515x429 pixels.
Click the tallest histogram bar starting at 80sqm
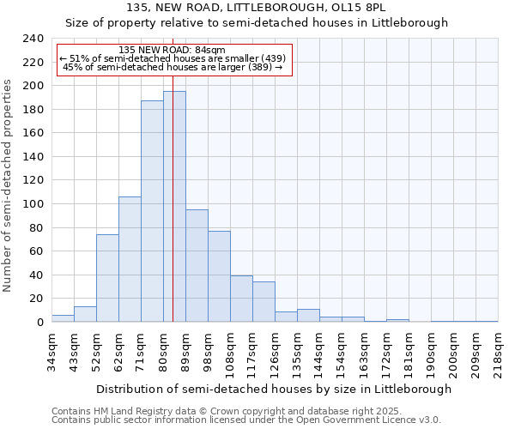(174, 206)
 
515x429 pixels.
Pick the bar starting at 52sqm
(107, 278)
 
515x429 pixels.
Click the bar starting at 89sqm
(197, 266)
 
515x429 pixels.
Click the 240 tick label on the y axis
(33, 39)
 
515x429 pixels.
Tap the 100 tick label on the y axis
(33, 204)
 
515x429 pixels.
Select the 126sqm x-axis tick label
(276, 352)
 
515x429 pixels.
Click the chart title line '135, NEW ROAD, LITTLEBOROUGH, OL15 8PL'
(257, 8)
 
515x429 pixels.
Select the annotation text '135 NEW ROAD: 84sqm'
(172, 51)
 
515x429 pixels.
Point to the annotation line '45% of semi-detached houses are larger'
(173, 67)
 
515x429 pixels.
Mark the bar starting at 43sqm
(85, 314)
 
